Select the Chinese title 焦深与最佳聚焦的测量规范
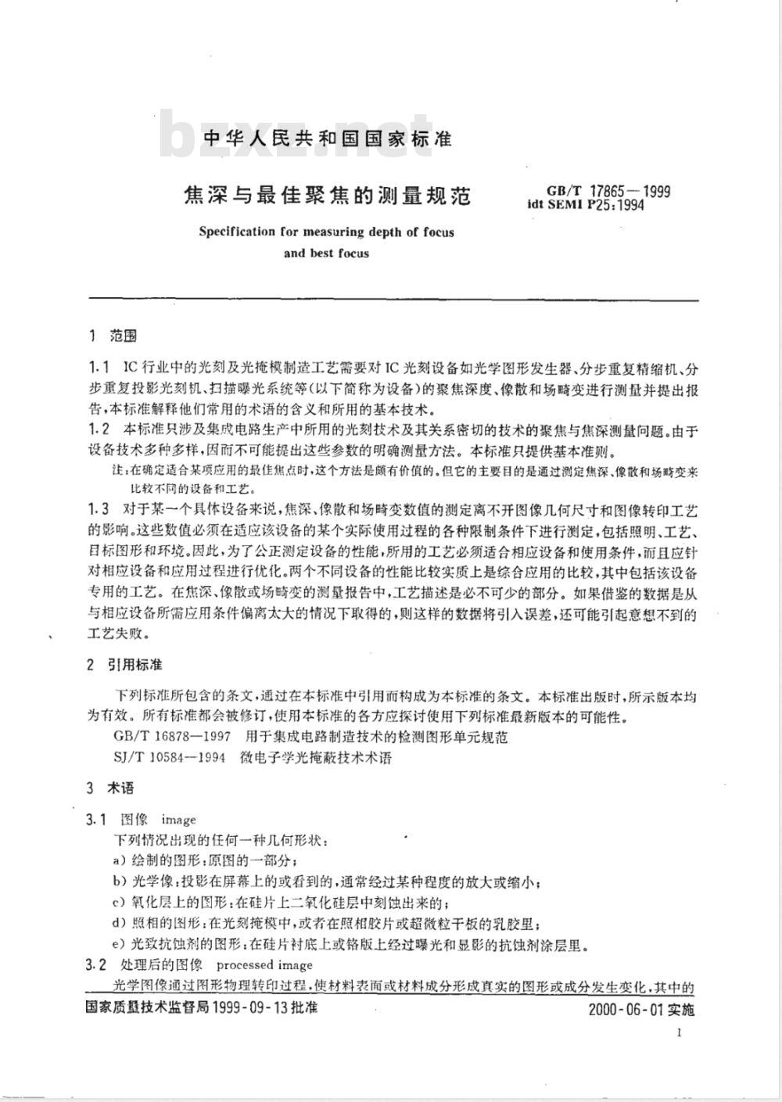[326, 195]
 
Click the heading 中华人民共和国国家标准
[327, 139]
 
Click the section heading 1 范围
[114, 336]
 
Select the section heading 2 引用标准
[125, 664]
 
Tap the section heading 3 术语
[111, 788]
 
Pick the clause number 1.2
[99, 429]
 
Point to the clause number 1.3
[99, 511]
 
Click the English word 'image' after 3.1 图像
[178, 820]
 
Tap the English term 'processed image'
[264, 964]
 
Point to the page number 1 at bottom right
[679, 1032]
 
